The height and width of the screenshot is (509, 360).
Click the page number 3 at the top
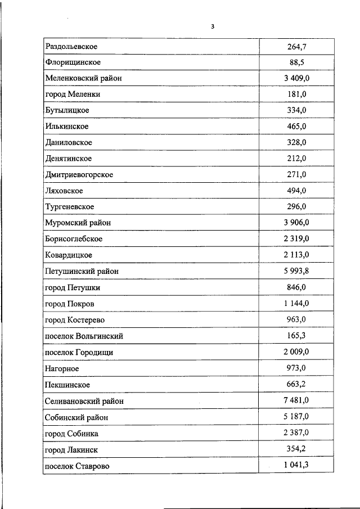[x=213, y=26]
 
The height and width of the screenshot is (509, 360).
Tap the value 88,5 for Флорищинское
[x=296, y=62]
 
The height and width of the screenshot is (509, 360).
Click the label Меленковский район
[x=83, y=78]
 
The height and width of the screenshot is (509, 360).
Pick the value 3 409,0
[x=296, y=78]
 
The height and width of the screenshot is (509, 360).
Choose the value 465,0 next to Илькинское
[x=296, y=127]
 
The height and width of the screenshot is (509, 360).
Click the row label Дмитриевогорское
[x=79, y=175]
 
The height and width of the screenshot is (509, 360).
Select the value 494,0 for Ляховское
[x=296, y=191]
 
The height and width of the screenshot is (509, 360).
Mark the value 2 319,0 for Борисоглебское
[x=296, y=239]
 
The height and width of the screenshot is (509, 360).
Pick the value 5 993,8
[x=296, y=271]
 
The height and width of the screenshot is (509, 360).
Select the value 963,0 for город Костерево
[x=296, y=320]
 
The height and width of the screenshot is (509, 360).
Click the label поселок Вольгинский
[x=84, y=336]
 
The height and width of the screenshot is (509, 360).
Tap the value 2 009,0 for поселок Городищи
[x=296, y=352]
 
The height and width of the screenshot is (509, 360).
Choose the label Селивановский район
[x=84, y=401]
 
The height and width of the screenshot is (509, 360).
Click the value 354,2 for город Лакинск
[x=296, y=450]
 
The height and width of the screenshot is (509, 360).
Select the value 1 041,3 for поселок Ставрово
[x=296, y=466]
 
